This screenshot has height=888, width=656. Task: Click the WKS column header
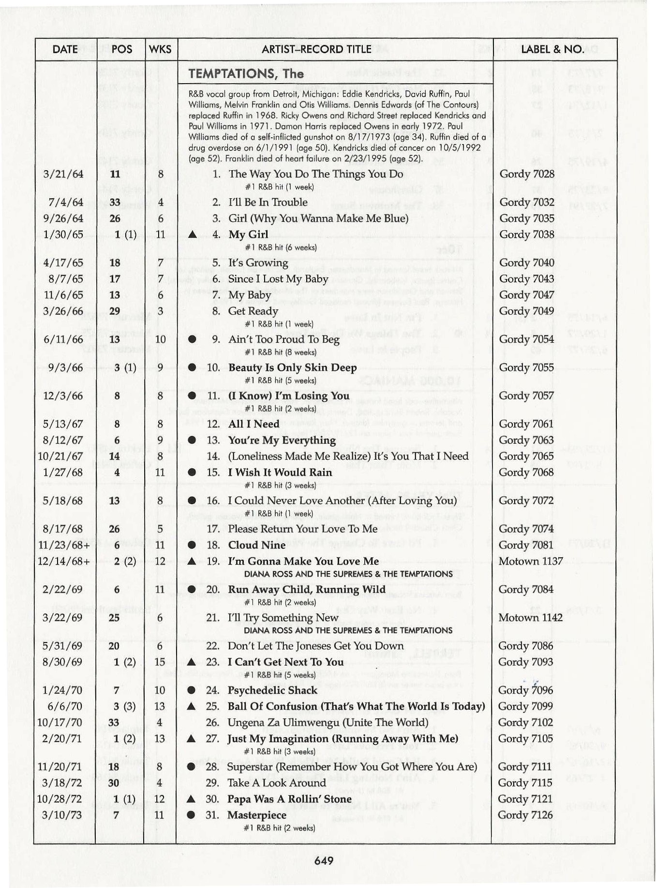click(160, 49)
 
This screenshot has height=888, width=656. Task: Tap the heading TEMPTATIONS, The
click(246, 74)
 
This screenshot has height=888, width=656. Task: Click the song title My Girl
click(248, 234)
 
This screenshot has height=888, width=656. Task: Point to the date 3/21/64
click(62, 174)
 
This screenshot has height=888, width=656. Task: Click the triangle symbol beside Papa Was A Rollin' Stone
click(191, 799)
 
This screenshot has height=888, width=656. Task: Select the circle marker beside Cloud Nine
click(192, 545)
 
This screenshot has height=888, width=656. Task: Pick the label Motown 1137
click(531, 561)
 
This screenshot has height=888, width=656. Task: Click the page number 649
click(324, 860)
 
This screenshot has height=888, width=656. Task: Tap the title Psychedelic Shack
click(272, 690)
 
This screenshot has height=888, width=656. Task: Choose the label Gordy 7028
click(527, 174)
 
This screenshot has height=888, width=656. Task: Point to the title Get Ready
click(253, 311)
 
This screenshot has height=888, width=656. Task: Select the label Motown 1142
click(530, 618)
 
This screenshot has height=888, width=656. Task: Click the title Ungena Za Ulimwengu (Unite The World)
click(328, 723)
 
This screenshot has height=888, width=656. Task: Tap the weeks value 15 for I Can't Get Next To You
click(160, 662)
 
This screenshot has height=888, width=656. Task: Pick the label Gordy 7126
click(525, 815)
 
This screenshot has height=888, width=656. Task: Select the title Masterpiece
click(257, 815)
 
